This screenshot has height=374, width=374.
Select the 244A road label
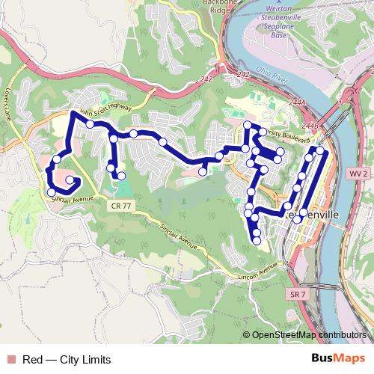click(298, 102)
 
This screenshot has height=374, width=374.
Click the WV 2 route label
click(358, 174)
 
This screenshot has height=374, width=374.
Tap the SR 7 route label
click(297, 295)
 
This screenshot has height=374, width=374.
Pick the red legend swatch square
click(9, 360)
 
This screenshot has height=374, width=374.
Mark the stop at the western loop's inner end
click(70, 180)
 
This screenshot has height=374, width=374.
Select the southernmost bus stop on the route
click(257, 241)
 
